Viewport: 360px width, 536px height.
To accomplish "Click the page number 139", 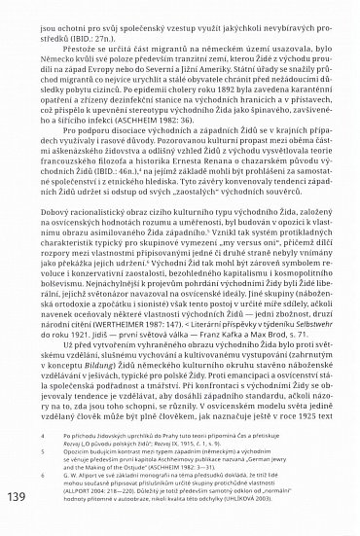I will [21, 495].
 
